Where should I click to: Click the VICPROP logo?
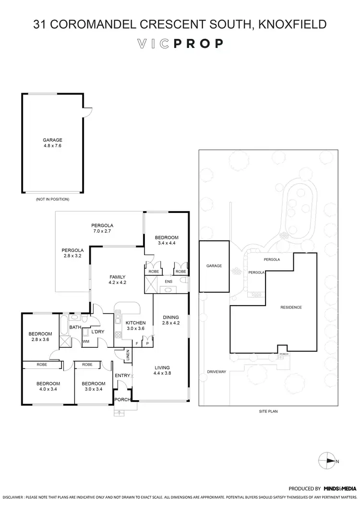(x=180, y=44)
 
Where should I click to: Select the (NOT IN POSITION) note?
(x=52, y=199)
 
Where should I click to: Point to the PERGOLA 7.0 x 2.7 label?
(x=102, y=228)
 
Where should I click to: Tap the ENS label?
(x=168, y=281)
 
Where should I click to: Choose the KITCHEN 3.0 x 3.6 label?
(x=135, y=326)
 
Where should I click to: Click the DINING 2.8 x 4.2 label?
(x=170, y=320)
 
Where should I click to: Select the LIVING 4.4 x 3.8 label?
(x=162, y=370)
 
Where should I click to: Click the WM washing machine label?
(x=86, y=342)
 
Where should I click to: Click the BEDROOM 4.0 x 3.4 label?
(x=48, y=386)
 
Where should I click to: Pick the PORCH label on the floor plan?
(x=121, y=399)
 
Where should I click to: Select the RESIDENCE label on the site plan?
(x=291, y=308)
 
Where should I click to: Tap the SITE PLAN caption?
(x=268, y=412)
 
